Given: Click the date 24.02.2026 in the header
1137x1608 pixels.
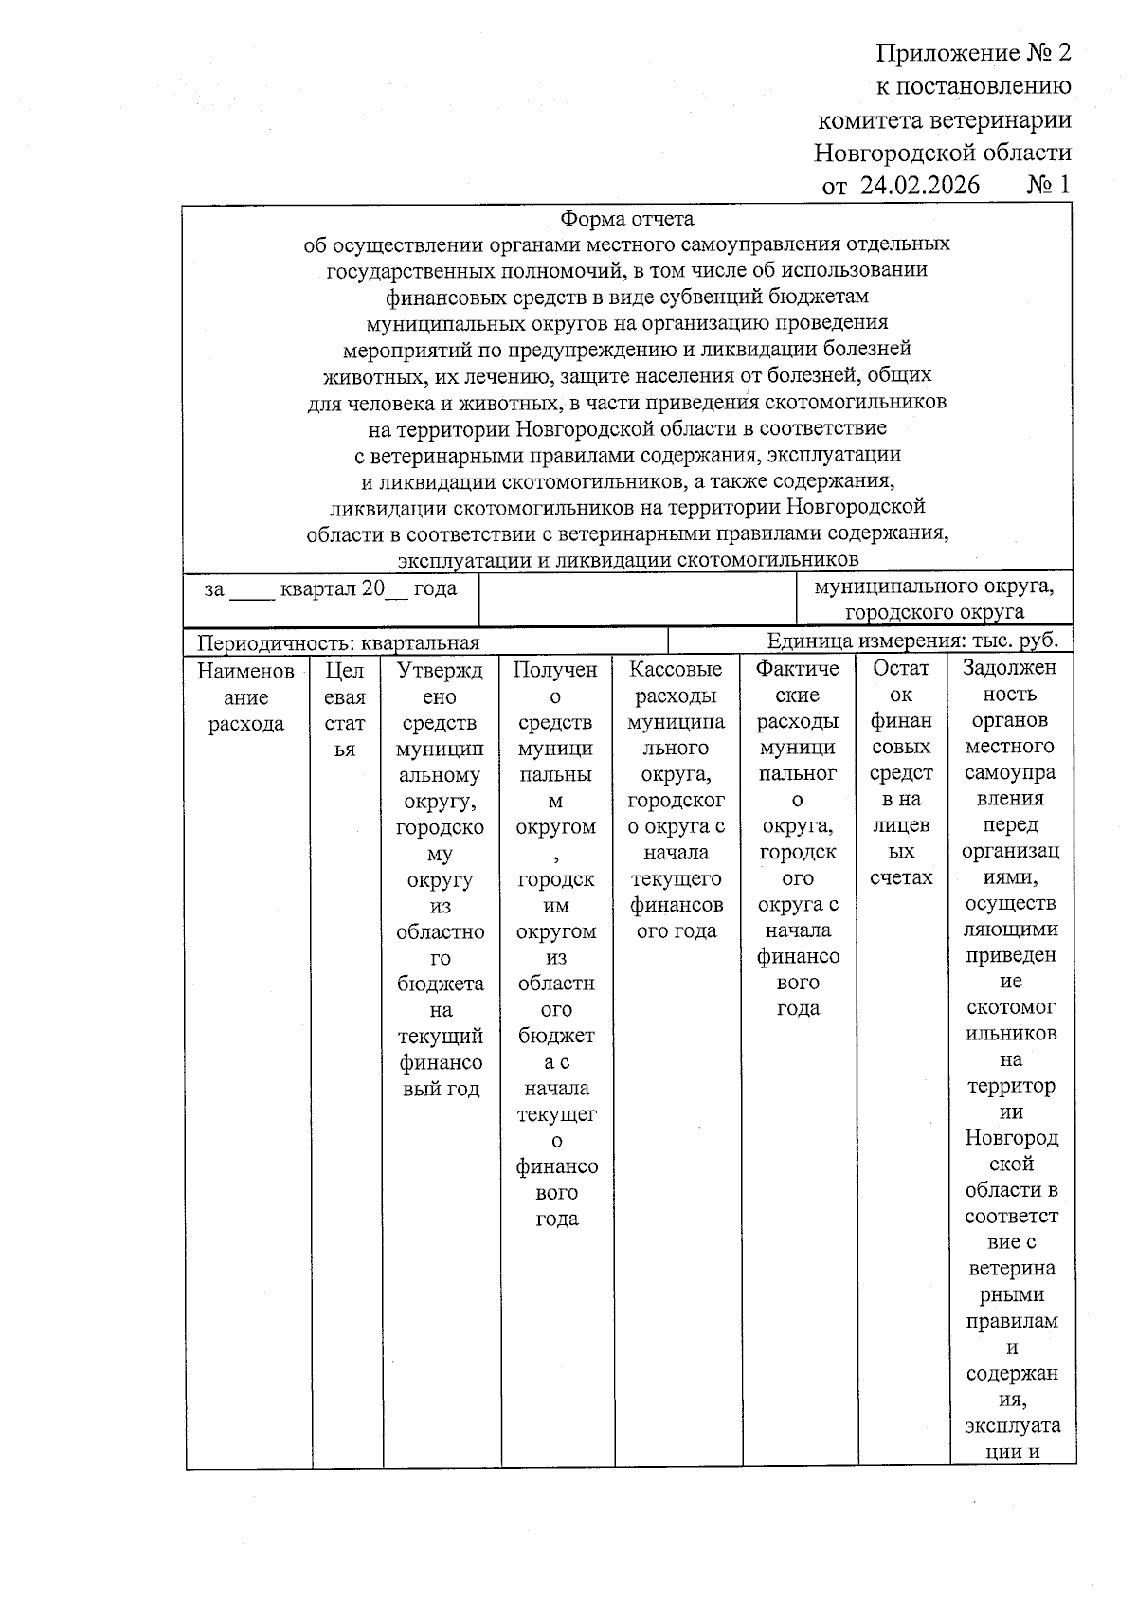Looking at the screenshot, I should [x=920, y=185].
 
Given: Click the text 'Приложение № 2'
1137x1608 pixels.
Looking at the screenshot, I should [x=973, y=52].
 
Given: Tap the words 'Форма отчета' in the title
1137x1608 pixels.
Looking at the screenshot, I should [x=627, y=220].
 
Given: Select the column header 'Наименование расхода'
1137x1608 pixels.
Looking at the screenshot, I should [x=246, y=697].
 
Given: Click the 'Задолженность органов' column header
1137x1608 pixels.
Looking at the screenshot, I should [x=1010, y=706].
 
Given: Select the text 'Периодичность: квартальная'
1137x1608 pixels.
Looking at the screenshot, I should [x=338, y=642].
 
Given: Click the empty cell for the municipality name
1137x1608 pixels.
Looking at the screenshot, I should [x=638, y=599].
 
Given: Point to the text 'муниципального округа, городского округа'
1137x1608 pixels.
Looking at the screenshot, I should [x=934, y=599].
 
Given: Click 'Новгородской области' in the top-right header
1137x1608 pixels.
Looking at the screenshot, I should [x=943, y=153].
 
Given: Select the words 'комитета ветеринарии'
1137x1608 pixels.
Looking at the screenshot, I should [x=945, y=119].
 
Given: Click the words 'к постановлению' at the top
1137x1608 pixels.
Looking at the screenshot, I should [x=974, y=86].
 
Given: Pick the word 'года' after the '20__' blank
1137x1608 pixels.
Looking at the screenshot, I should [x=435, y=588].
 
